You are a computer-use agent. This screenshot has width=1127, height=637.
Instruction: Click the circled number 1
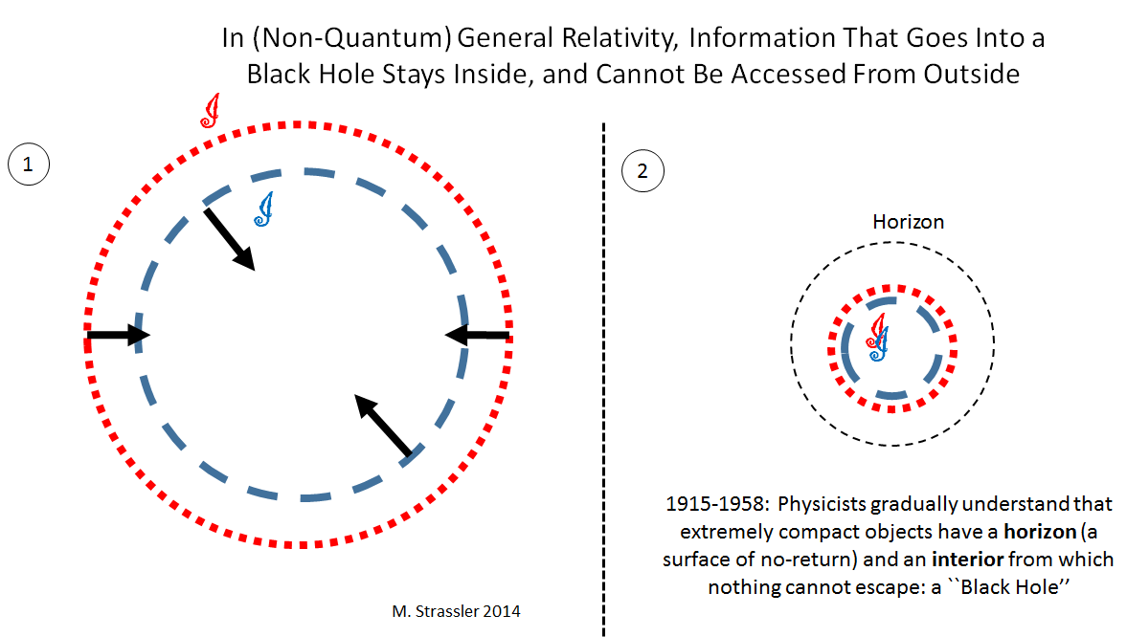[x=28, y=165]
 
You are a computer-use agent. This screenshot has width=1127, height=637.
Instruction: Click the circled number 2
[x=642, y=172]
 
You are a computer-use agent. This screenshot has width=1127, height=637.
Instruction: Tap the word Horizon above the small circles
[x=908, y=222]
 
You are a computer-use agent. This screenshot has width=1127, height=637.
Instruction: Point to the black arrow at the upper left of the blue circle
[x=229, y=238]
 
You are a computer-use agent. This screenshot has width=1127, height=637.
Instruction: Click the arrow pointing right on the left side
[x=118, y=335]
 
